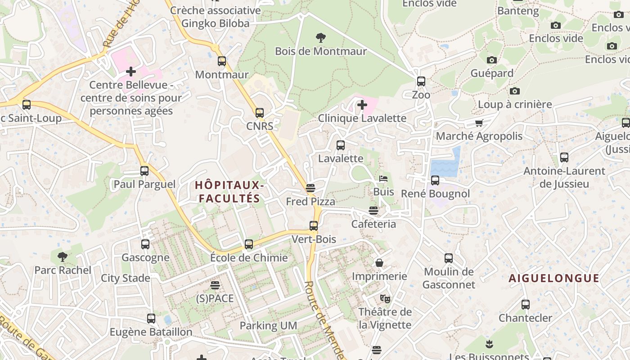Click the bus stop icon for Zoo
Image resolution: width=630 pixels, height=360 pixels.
421,81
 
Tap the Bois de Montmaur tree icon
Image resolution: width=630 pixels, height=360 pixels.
321,38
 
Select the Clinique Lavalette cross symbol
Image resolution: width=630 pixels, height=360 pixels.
362,105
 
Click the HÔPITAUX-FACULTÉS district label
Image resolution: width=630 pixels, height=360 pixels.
229,192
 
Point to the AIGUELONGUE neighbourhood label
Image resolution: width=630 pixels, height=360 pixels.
554,279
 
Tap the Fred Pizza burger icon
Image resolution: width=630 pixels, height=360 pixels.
310,188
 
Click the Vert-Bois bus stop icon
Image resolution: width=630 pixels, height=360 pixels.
314,226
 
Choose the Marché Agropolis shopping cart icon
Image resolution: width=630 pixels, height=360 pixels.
479,123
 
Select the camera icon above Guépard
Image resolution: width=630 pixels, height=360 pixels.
492,60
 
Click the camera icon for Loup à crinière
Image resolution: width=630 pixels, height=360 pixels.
515,91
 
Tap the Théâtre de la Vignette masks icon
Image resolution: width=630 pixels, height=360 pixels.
385,298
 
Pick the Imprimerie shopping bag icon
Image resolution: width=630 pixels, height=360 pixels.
379,263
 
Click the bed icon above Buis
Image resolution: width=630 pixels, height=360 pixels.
383,179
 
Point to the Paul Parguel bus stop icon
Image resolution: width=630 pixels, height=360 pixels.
144,171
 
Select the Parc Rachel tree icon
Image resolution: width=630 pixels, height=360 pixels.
63,257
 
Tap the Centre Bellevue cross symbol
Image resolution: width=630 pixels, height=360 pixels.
131,72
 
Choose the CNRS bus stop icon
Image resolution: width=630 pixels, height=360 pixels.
260,113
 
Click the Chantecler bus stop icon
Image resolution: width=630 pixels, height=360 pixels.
525,305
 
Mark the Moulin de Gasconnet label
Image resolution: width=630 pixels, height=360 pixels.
449,278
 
